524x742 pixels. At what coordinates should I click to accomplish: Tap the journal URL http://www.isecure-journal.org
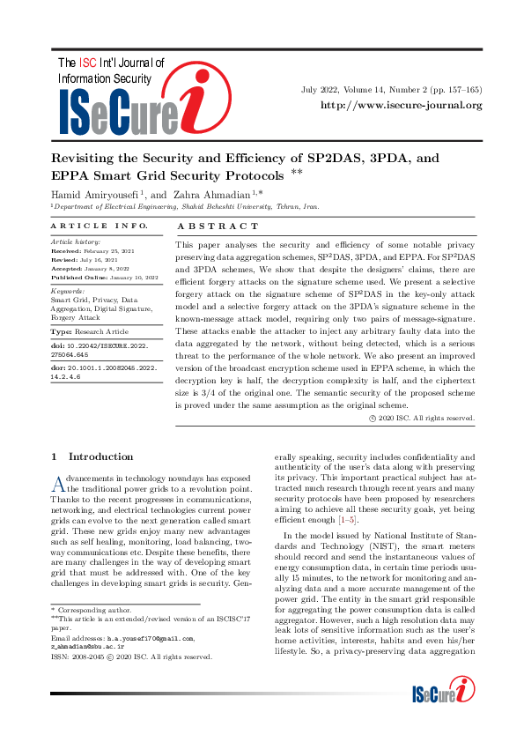point(401,106)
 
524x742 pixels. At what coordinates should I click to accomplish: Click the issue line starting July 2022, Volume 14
point(391,90)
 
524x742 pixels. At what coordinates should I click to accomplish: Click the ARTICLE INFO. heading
point(87,226)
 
